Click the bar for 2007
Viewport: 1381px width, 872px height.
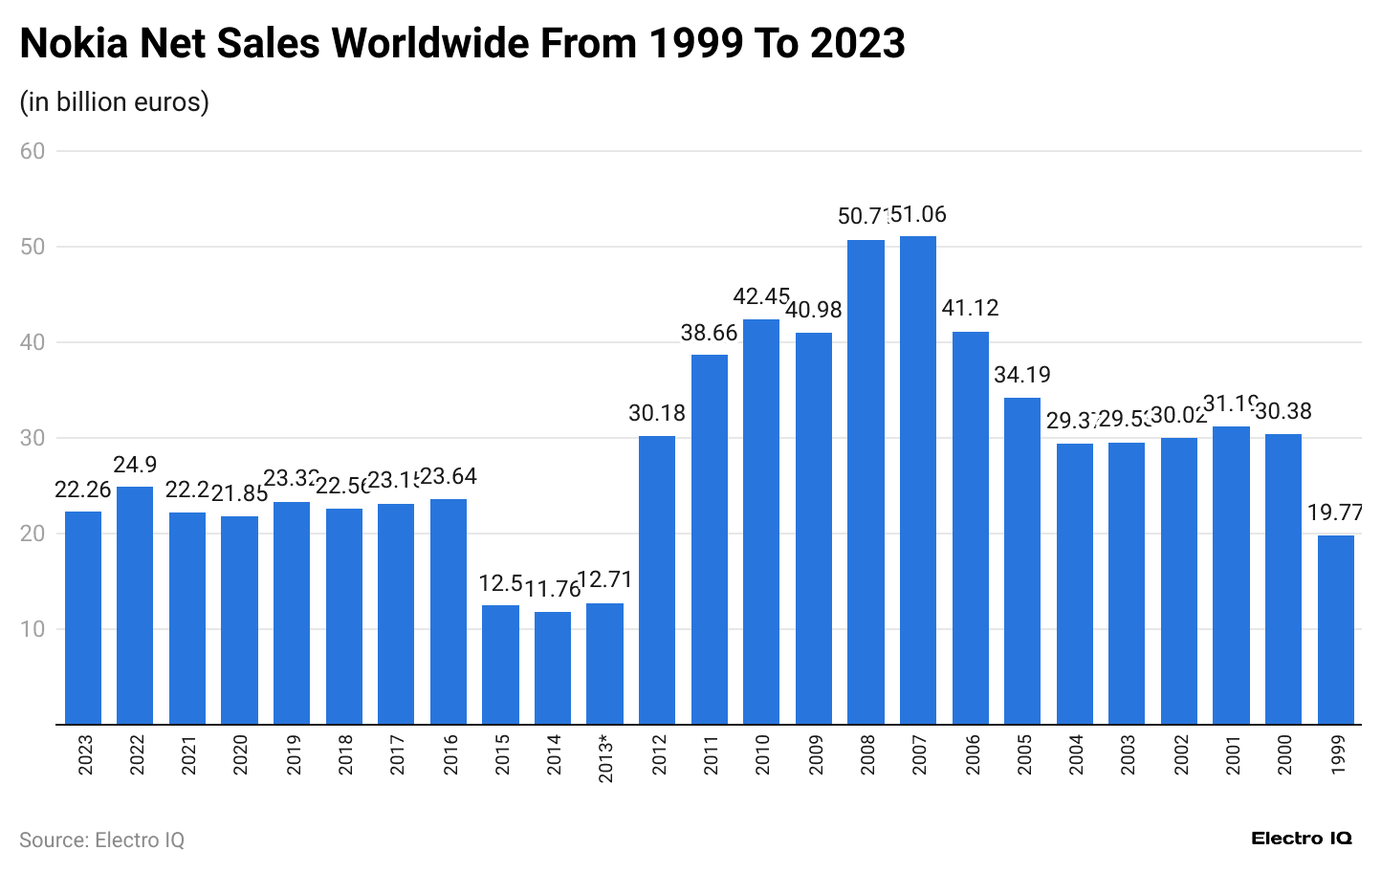pos(918,480)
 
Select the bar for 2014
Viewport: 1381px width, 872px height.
pos(553,667)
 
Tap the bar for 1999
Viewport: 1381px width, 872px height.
pos(1335,629)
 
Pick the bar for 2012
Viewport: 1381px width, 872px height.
pos(657,579)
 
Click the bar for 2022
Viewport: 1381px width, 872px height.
pos(135,605)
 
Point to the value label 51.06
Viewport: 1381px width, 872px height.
pos(918,215)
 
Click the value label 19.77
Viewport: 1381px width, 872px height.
pos(1335,513)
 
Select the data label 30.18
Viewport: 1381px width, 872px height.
pos(657,414)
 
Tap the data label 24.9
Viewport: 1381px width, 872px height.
pos(135,465)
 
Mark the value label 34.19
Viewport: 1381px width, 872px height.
pos(1022,375)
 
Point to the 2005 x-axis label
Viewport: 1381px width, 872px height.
pos(1023,754)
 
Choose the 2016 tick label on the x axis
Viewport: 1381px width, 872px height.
pos(449,754)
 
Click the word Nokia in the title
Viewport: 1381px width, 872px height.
pos(74,43)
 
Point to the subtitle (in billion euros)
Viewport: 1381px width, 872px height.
pos(114,101)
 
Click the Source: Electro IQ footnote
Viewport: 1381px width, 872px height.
pos(101,839)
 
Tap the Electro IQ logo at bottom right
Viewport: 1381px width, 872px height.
pos(1302,839)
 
